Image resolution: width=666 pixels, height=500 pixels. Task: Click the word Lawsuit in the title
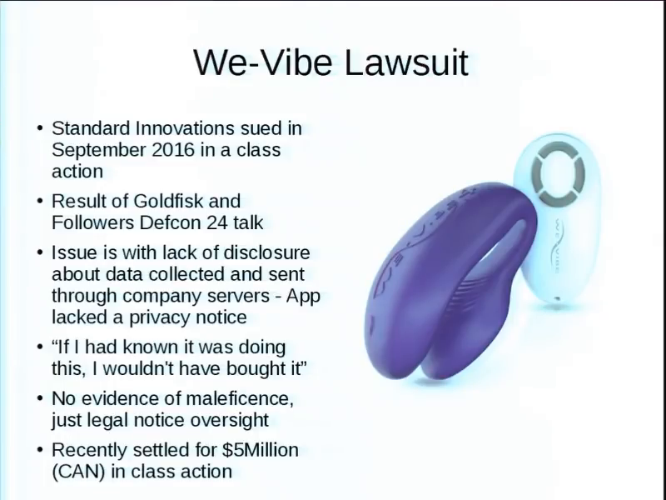pyautogui.click(x=406, y=63)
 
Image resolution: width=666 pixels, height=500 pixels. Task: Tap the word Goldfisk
pyautogui.click(x=168, y=201)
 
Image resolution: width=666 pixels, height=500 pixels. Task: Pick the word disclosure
pyautogui.click(x=266, y=252)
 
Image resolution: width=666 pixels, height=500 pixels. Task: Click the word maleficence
pyautogui.click(x=240, y=399)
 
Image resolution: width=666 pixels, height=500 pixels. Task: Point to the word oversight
pyautogui.click(x=230, y=420)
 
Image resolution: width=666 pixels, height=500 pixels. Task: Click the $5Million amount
pyautogui.click(x=261, y=450)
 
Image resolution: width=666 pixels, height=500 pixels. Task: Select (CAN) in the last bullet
pyautogui.click(x=78, y=472)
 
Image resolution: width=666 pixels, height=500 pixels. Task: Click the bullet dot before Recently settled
pyautogui.click(x=40, y=450)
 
